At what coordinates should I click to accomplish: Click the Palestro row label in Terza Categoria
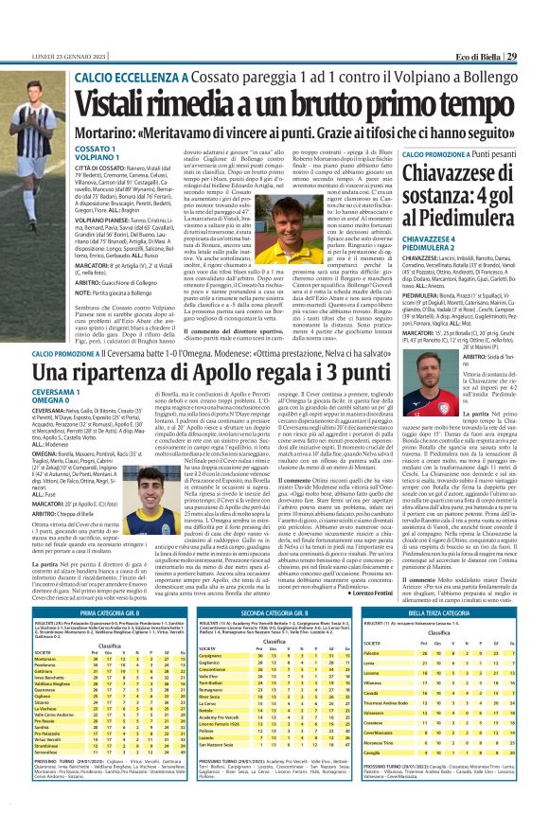[x=378, y=599]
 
